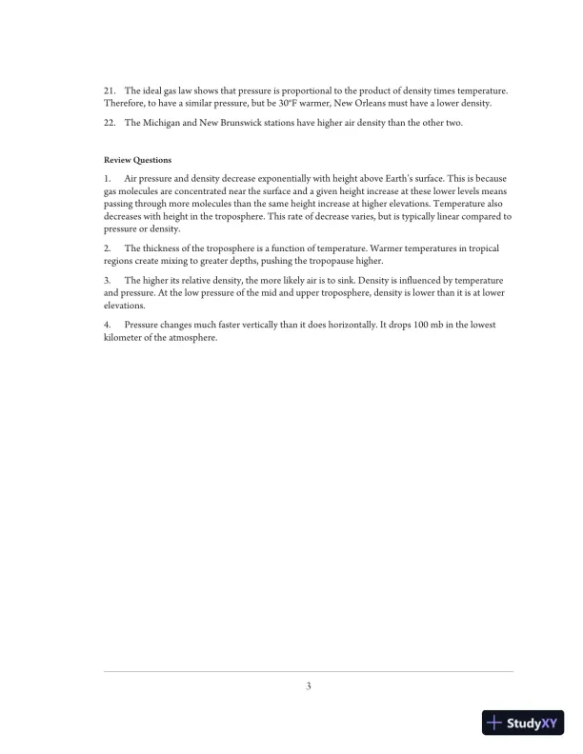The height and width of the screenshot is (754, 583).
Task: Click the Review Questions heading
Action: click(x=138, y=160)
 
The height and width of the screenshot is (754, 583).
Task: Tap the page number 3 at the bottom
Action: click(x=309, y=685)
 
